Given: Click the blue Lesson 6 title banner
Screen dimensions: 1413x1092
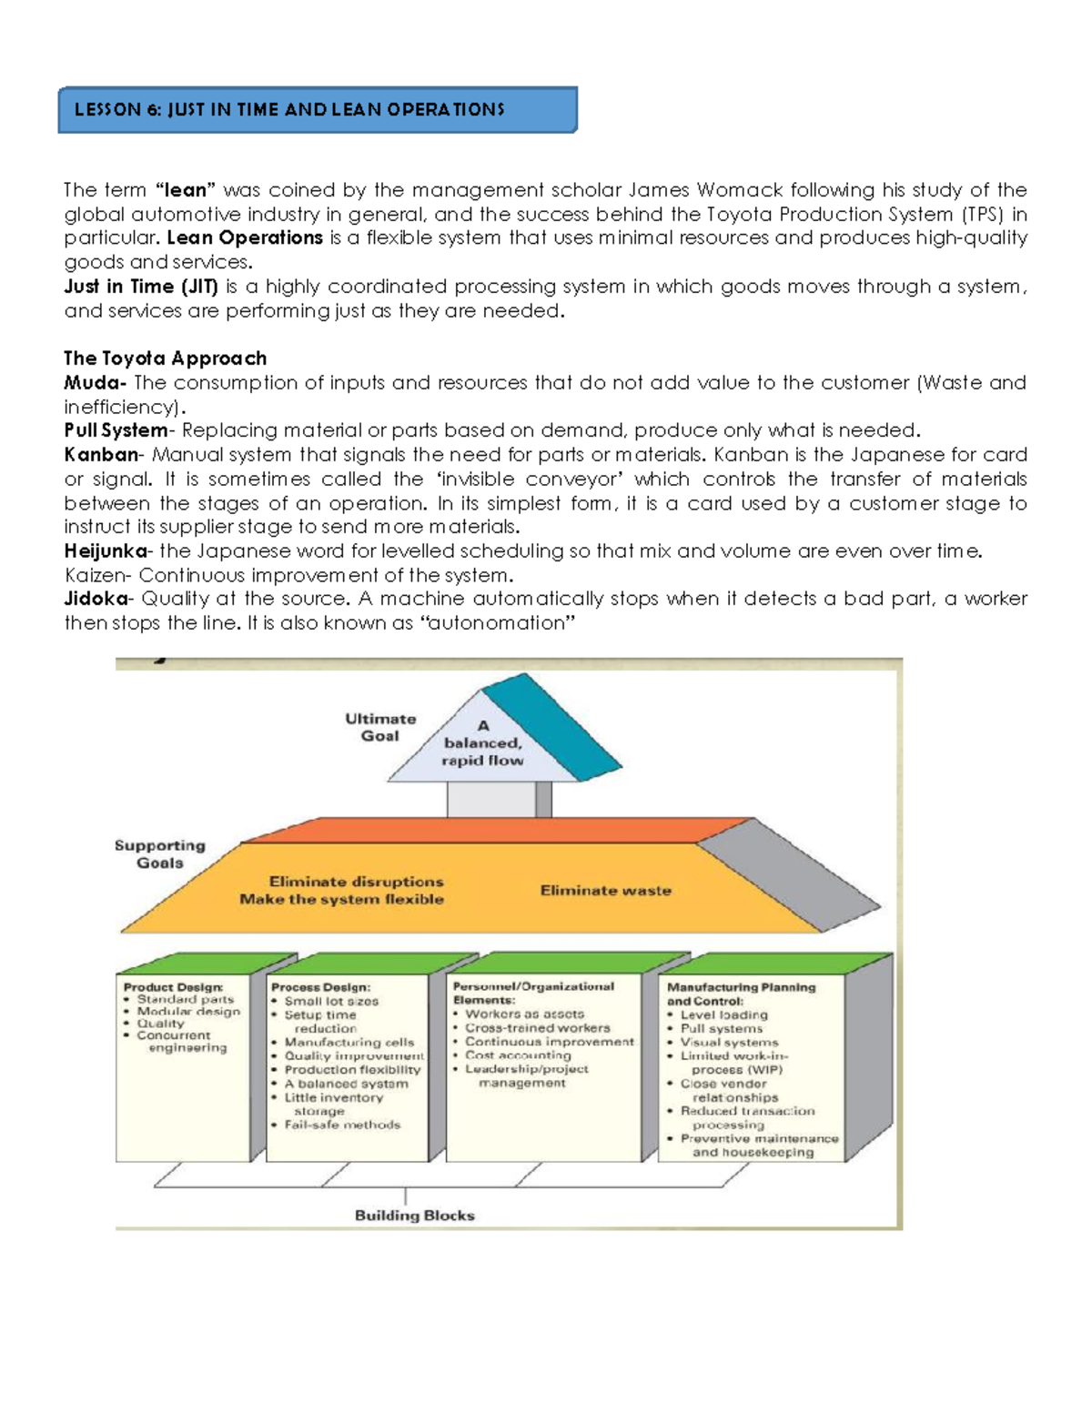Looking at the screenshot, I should (x=317, y=110).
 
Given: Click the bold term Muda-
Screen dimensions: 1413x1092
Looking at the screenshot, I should (x=95, y=383).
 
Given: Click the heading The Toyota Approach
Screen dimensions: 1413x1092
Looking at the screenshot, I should (x=166, y=358).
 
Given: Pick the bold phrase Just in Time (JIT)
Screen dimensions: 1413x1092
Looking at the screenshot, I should (x=141, y=287).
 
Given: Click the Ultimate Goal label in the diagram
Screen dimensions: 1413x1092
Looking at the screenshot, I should (x=380, y=727).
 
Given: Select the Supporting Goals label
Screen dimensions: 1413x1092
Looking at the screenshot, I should (x=160, y=854).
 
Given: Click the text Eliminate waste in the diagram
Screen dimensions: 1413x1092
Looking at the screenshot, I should (x=606, y=891).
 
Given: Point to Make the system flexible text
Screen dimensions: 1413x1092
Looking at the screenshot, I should (x=342, y=900).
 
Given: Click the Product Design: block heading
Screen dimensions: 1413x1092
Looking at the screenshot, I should (x=173, y=987).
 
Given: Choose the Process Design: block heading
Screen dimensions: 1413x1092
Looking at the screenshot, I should (x=320, y=987).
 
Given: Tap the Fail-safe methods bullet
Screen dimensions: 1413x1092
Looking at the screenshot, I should (x=342, y=1125).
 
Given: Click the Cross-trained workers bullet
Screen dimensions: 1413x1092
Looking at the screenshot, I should (x=538, y=1028).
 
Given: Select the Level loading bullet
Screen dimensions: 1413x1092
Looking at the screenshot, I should (x=724, y=1015).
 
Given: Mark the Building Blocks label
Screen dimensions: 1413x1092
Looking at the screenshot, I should (x=415, y=1216).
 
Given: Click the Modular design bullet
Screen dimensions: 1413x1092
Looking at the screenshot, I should (x=188, y=1012).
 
